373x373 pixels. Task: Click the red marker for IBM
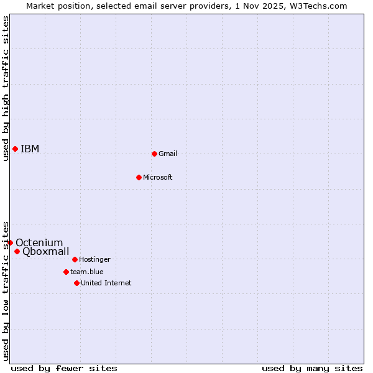point(15,149)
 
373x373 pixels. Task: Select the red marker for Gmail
point(154,154)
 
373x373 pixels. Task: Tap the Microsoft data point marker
point(139,177)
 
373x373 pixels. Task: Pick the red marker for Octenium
point(10,242)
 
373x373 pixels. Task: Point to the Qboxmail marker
point(17,251)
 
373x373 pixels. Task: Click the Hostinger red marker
point(75,259)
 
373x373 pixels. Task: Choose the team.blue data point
point(66,272)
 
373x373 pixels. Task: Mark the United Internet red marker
point(76,283)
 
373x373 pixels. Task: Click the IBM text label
point(30,149)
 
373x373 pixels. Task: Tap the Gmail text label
point(168,154)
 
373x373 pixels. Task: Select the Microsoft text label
point(157,177)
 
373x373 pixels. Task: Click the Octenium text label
point(39,242)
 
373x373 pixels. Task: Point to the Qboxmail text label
point(45,251)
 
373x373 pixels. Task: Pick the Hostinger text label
point(94,259)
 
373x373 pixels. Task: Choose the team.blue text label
point(86,272)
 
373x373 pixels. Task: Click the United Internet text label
point(106,283)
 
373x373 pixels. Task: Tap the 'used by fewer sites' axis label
point(64,368)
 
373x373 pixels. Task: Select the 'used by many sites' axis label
point(311,368)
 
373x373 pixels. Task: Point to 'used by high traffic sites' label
point(6,88)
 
